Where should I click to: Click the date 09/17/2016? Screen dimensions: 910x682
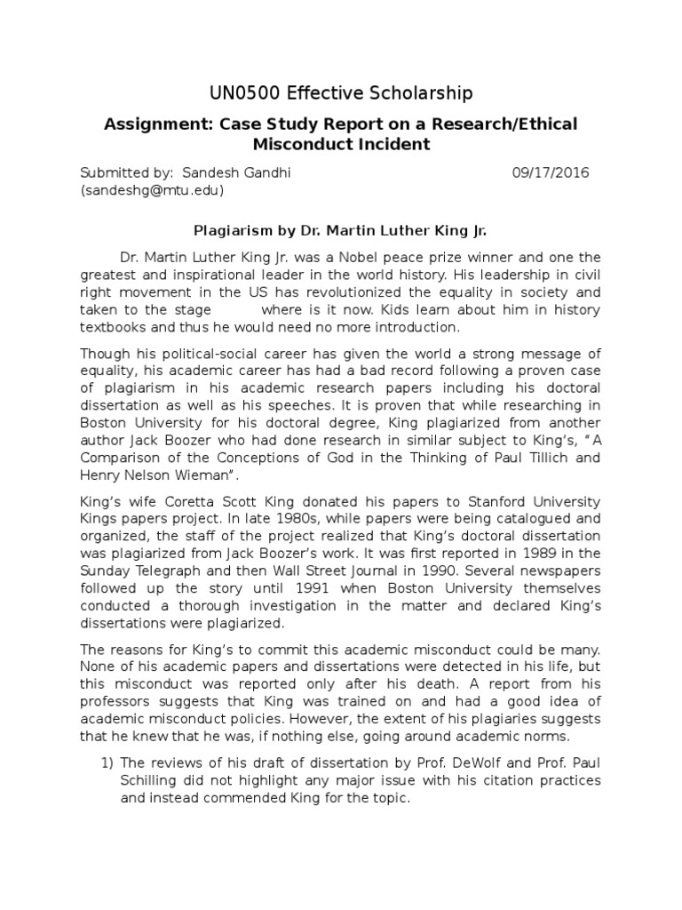pos(551,172)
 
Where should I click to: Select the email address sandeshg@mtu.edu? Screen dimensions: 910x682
pos(152,190)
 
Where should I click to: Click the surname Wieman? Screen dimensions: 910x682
pos(210,476)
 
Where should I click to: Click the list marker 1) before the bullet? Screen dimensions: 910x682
pos(107,762)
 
